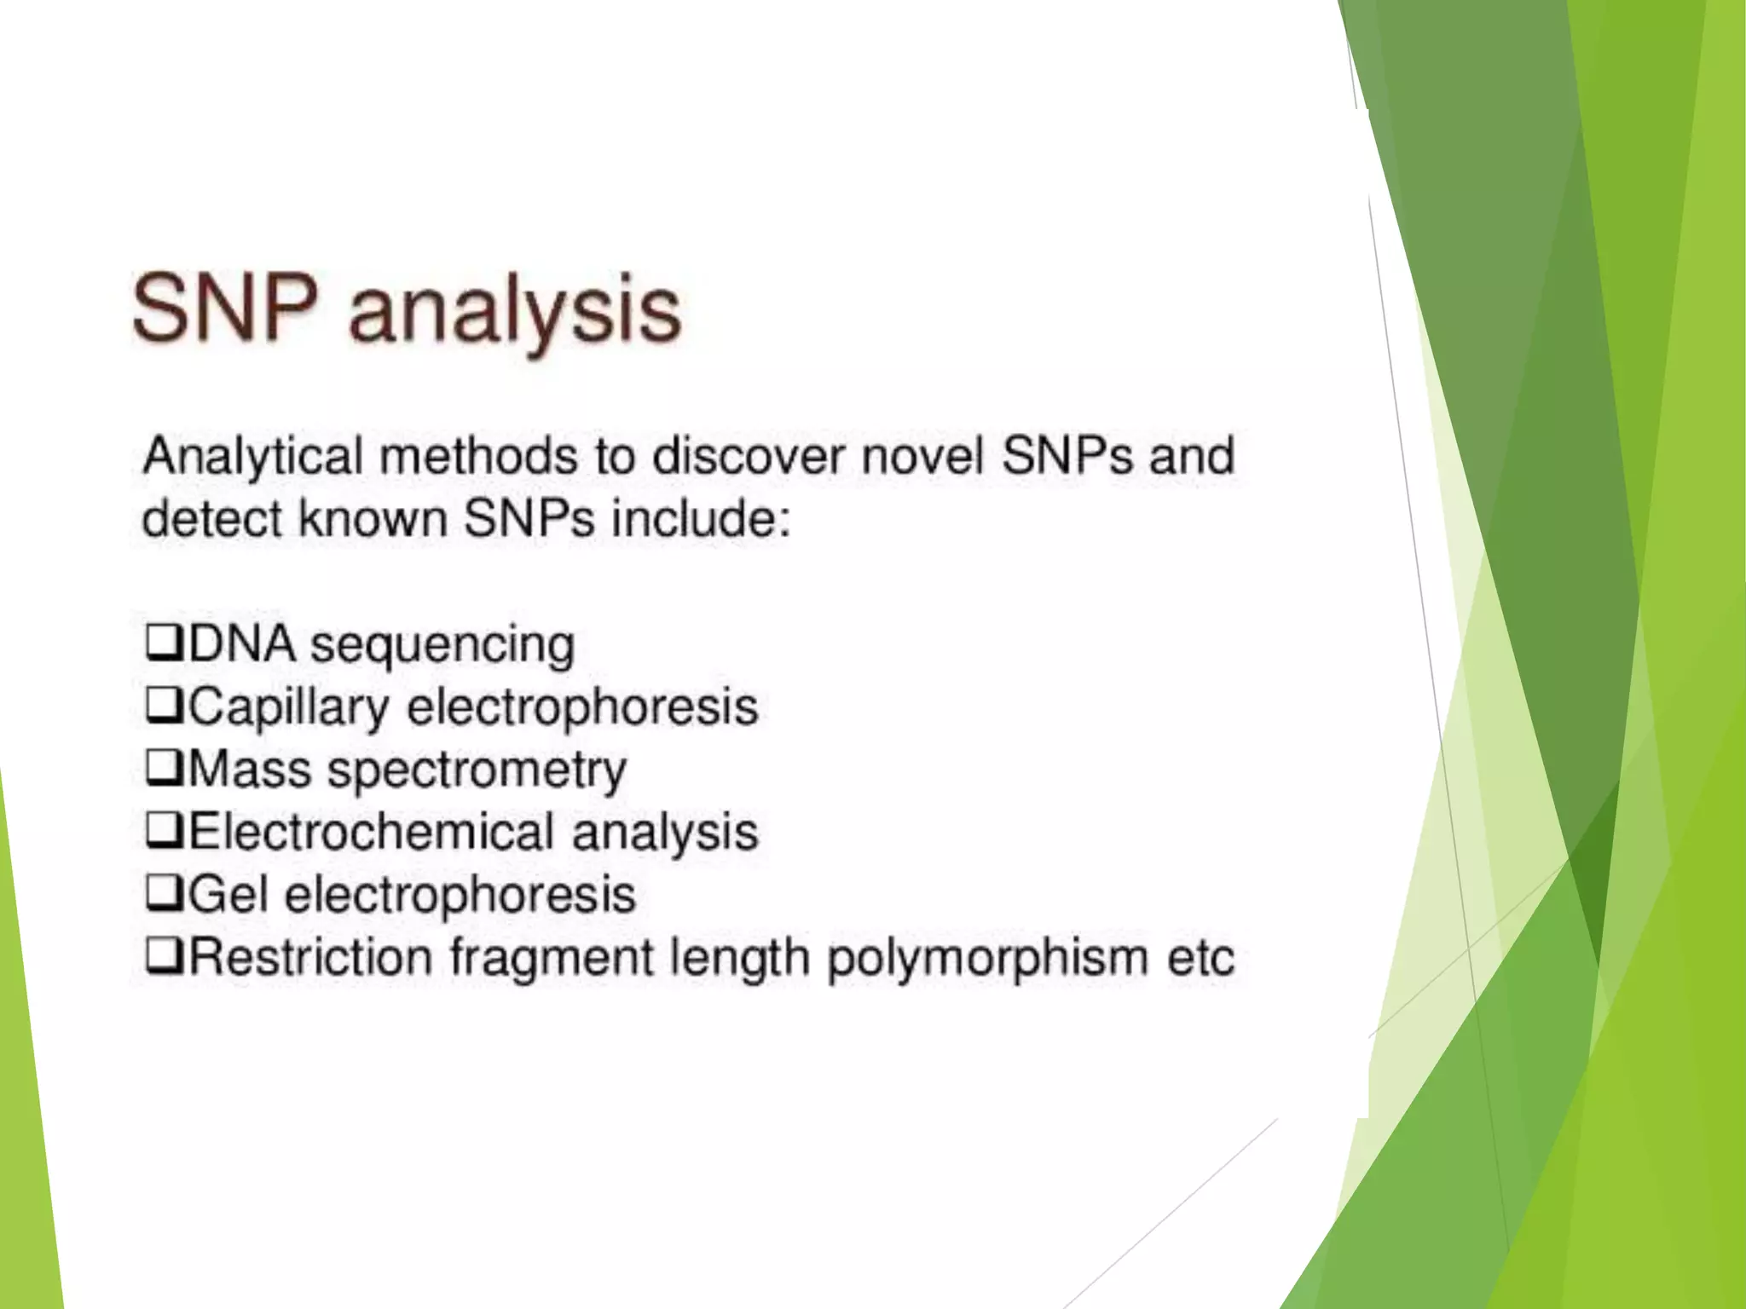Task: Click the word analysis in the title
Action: coord(515,314)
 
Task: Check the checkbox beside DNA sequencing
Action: coord(164,643)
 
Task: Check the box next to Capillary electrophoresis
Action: coord(164,706)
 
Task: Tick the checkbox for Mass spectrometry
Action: coord(164,769)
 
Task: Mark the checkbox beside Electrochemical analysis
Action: coord(164,832)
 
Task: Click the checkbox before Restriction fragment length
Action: coord(164,957)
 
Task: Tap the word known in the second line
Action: coord(373,519)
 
